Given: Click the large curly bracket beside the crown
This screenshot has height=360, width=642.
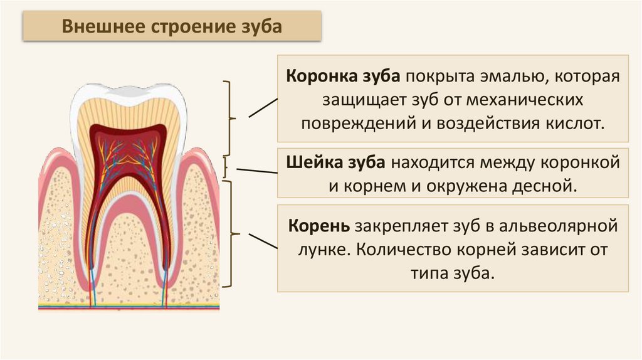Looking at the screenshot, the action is pos(231,117).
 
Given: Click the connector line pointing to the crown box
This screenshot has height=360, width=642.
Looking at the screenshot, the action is pos(263,107).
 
